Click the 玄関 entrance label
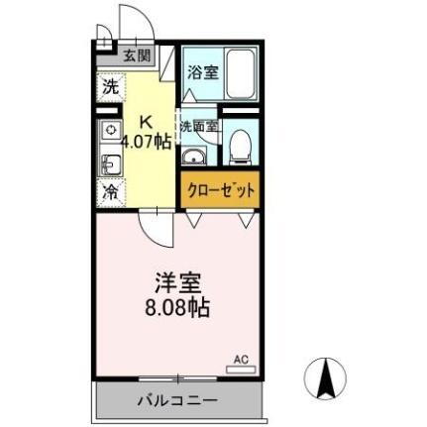pos(137,55)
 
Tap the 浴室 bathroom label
pos(203,72)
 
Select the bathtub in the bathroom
pos(241,72)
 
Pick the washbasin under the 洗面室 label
pos(194,158)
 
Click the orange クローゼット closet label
pos(219,189)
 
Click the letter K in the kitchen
pos(146,122)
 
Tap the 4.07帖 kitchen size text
pos(146,141)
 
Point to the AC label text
pos(239,358)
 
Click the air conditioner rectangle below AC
pos(239,369)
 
